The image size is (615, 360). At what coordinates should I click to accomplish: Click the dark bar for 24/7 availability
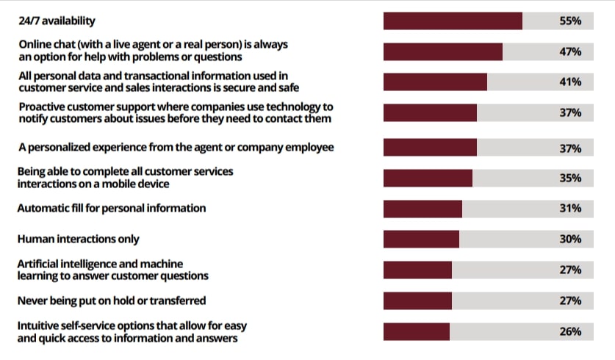coord(453,21)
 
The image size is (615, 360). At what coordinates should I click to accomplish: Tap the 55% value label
coord(571,21)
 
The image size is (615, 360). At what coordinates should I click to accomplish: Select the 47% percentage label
coord(571,51)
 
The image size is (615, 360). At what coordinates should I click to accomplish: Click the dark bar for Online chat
coord(443,51)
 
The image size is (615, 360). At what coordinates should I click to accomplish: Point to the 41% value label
coord(571,82)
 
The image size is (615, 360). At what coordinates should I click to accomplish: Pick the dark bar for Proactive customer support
coord(430,112)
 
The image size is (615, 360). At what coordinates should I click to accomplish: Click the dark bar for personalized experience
coord(430,148)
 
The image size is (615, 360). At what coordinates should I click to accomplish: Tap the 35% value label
coord(571,178)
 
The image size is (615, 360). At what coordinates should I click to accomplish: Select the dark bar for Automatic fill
coord(422,209)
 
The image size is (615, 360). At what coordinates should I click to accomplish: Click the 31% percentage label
coord(571,209)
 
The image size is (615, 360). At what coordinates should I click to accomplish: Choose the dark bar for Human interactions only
coord(421,240)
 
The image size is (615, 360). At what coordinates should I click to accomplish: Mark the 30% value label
coord(571,240)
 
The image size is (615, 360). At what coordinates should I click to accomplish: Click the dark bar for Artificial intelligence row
coord(417,270)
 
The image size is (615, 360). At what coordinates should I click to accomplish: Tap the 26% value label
coord(571,331)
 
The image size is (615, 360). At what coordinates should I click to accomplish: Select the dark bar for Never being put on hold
coord(417,301)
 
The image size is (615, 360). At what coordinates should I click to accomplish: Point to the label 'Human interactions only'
coord(79,239)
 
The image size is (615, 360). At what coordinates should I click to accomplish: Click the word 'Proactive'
coord(42,107)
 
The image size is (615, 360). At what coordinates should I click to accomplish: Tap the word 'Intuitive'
coord(39,325)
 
